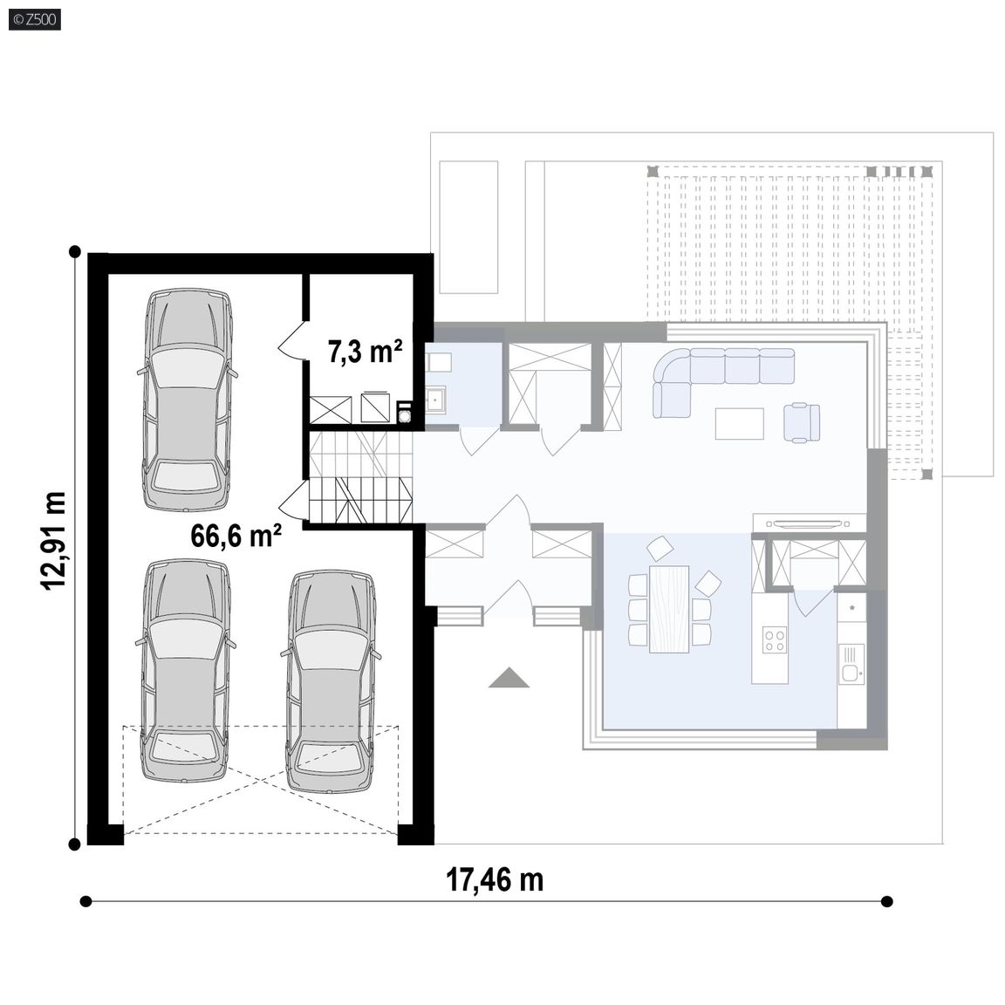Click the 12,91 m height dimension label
pos(53,540)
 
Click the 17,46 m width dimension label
pos(494,879)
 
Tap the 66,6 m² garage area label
pos(236,536)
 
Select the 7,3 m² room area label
pos(366,352)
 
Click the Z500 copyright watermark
pos(35,19)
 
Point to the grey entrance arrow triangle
pos(509,678)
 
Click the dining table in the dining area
pos(668,609)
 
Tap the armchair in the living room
pos(801,421)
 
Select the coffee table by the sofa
pos(739,424)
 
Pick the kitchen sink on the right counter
pos(851,673)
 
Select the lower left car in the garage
pos(186,671)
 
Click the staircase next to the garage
pos(361,475)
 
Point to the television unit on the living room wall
pos(810,523)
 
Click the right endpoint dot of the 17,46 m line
pos(887,902)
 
